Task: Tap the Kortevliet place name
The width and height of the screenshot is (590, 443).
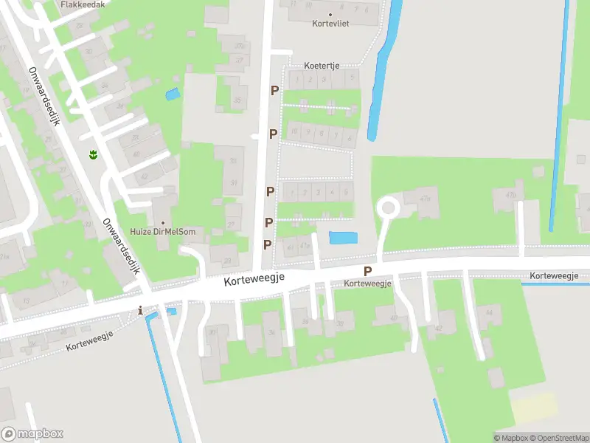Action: (329, 23)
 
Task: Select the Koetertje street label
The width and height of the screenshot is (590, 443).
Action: (322, 66)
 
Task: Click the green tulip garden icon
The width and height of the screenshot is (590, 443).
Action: (94, 154)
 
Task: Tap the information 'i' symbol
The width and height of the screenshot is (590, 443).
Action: (140, 311)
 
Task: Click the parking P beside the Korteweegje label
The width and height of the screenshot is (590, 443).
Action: (367, 271)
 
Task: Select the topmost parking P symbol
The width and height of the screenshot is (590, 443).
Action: (275, 90)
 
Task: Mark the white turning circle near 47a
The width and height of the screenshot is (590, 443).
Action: (387, 208)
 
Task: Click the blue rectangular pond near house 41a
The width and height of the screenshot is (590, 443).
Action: (341, 238)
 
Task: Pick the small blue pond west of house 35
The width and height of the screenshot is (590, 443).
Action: (173, 95)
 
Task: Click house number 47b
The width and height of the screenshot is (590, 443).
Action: (511, 195)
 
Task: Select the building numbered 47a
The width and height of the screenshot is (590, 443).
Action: (424, 199)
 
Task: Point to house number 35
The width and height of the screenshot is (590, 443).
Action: (237, 100)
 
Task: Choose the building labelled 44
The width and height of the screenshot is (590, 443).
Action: (487, 312)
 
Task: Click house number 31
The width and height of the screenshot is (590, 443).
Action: (234, 183)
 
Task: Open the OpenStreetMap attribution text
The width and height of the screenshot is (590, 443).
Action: (560, 438)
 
